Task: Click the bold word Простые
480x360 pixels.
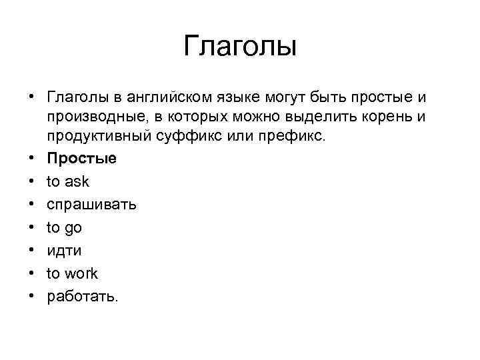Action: point(81,159)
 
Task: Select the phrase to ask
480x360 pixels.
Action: point(67,181)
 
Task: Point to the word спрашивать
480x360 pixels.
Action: point(92,205)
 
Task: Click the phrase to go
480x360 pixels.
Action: point(64,228)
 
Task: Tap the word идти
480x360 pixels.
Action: point(64,251)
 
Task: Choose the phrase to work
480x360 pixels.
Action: point(72,273)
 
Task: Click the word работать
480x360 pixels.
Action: point(82,297)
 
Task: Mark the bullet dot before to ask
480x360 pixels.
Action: point(31,182)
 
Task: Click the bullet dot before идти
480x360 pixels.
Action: point(31,251)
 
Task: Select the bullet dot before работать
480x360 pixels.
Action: point(31,297)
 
